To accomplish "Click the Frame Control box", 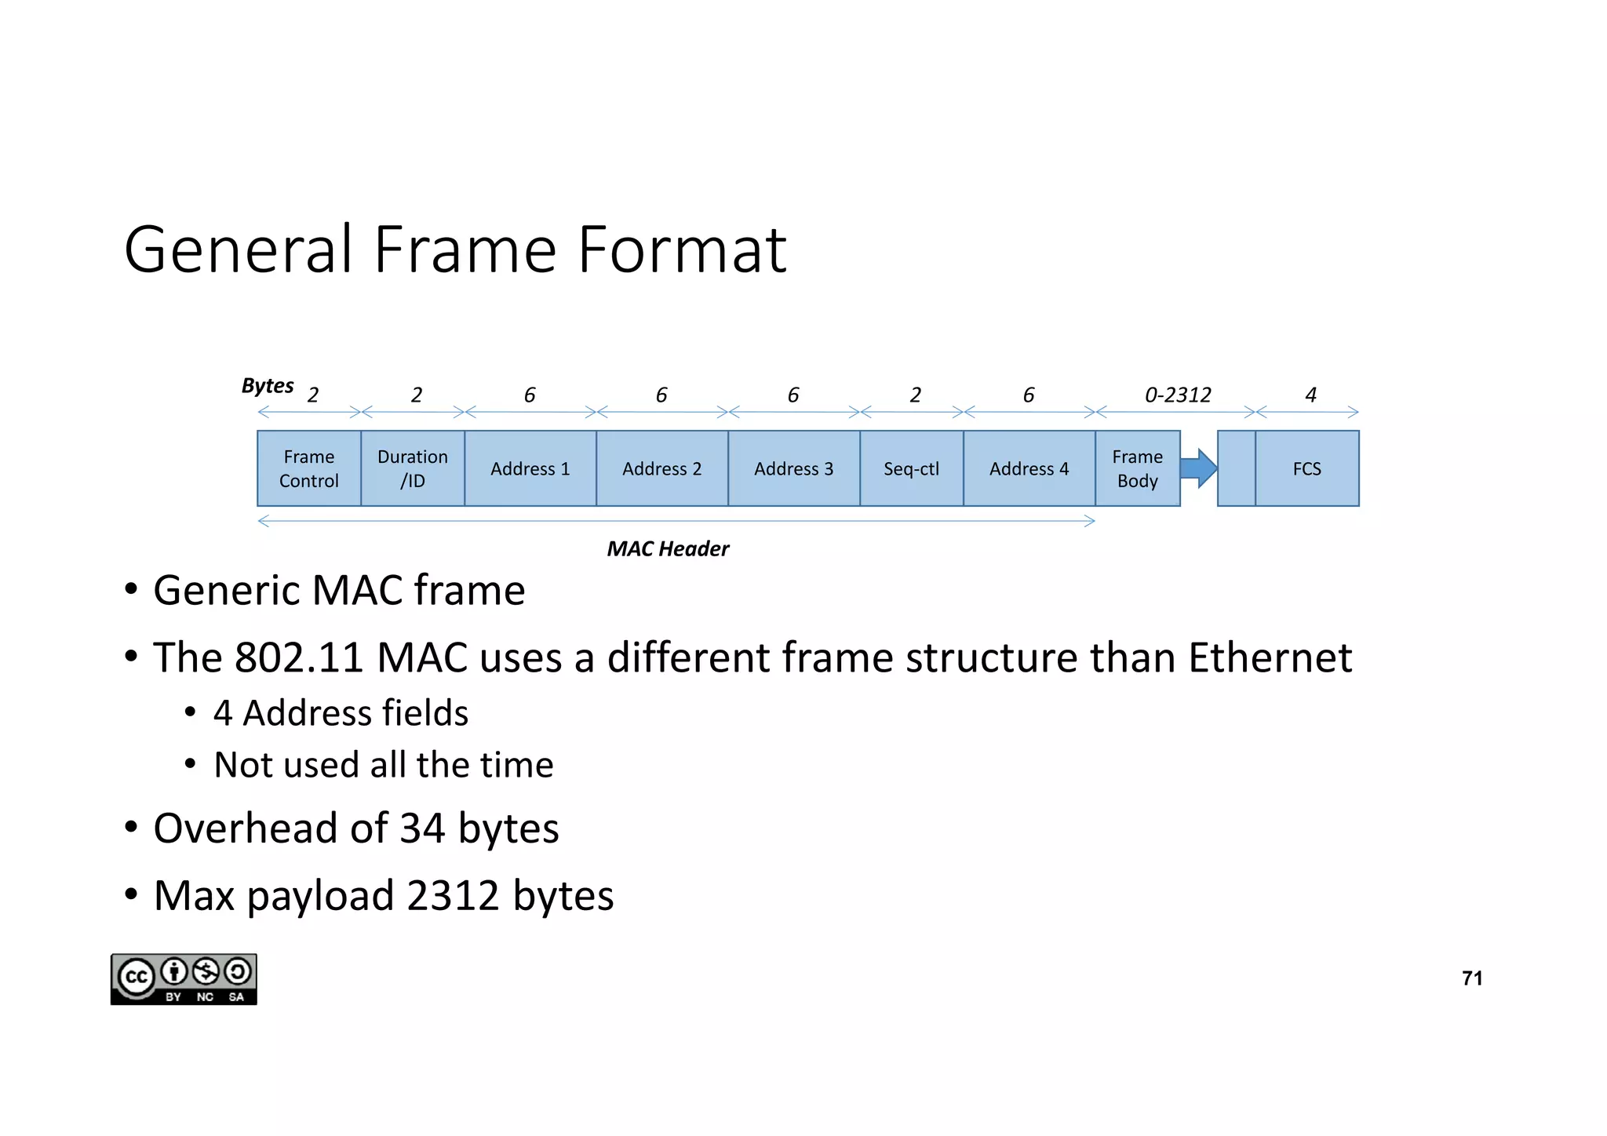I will pyautogui.click(x=309, y=468).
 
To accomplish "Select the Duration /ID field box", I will pyautogui.click(x=413, y=468).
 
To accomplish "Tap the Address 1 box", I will pyautogui.click(x=530, y=468).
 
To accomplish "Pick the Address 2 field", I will pyautogui.click(x=662, y=468).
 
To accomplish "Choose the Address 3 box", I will pyautogui.click(x=794, y=468).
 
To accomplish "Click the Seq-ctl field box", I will pyautogui.click(x=912, y=468).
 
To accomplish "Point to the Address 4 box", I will pyautogui.click(x=1029, y=468).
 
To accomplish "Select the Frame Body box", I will pyautogui.click(x=1138, y=468).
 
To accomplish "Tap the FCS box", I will pyautogui.click(x=1307, y=468).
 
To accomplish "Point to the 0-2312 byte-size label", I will pyautogui.click(x=1178, y=395).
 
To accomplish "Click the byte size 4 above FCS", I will pyautogui.click(x=1310, y=395).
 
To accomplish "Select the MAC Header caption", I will pyautogui.click(x=668, y=548).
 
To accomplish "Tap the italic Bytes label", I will pyautogui.click(x=268, y=385).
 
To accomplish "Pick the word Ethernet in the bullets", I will pyautogui.click(x=1270, y=657).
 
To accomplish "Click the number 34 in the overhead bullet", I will pyautogui.click(x=423, y=828).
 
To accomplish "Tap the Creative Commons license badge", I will pyautogui.click(x=184, y=979).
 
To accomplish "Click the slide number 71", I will pyautogui.click(x=1472, y=978).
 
